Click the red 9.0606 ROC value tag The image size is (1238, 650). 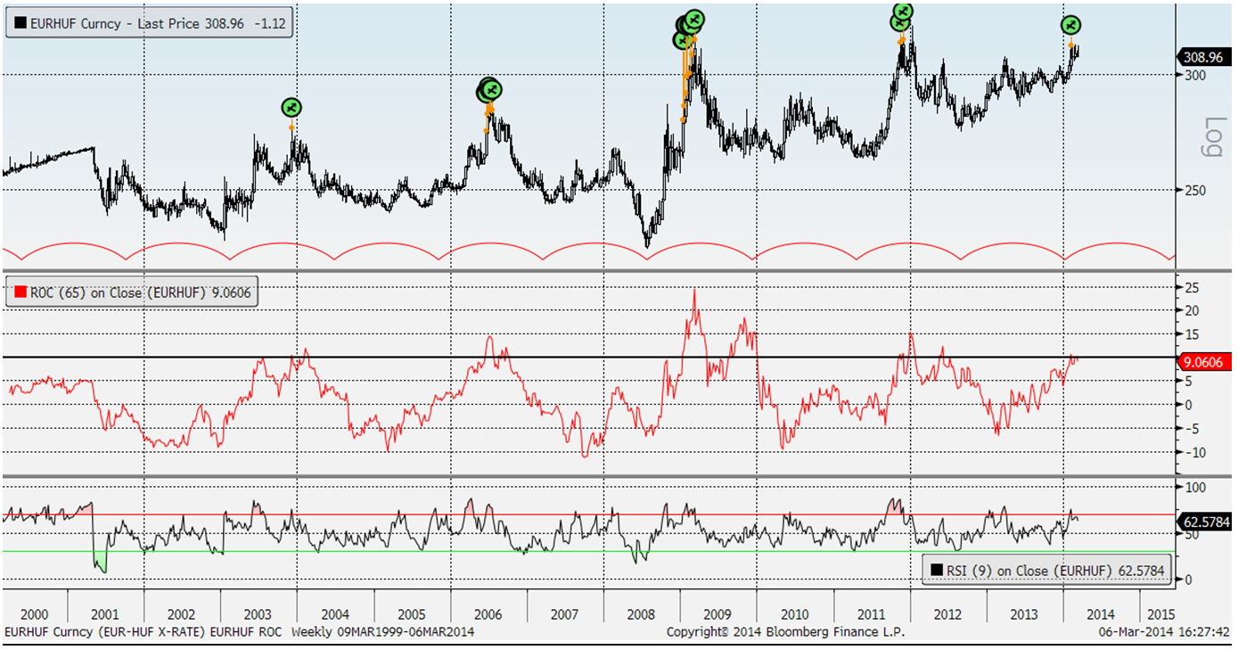[x=1204, y=362]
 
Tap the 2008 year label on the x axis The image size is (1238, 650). [x=642, y=614]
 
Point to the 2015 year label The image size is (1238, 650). [x=1160, y=614]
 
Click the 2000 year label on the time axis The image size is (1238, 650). [x=34, y=614]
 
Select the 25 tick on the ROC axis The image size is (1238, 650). [x=1192, y=287]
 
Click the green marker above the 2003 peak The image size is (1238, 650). [x=291, y=108]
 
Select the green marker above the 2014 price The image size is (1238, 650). [x=1071, y=26]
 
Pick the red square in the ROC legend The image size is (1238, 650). [x=20, y=292]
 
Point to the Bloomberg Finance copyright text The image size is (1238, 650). [x=785, y=632]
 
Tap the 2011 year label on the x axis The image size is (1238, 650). [x=871, y=614]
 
